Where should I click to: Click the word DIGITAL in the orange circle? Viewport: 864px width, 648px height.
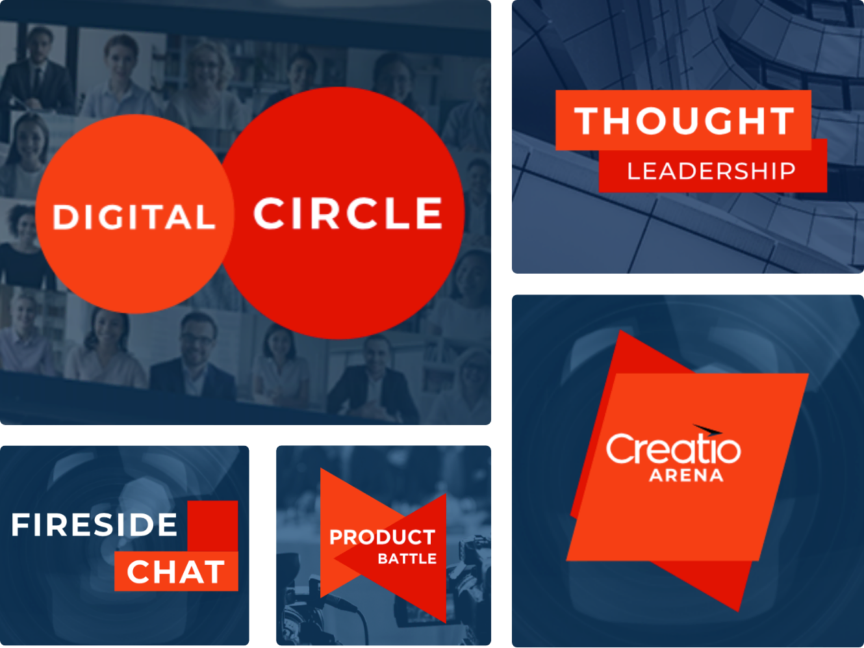coord(134,216)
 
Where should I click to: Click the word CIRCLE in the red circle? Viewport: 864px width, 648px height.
coord(348,213)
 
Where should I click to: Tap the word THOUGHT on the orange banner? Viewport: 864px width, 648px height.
coord(684,121)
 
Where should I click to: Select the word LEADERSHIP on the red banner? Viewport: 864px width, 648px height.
coord(712,171)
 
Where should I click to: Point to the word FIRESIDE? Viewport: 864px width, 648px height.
coord(94,525)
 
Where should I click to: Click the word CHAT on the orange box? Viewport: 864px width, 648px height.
coord(176,572)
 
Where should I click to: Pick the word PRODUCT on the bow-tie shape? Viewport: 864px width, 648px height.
coord(382,537)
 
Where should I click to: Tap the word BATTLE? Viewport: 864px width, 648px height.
coord(407,559)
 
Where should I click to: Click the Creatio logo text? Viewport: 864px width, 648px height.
coord(674,448)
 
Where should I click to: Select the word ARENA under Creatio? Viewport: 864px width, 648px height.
coord(687,475)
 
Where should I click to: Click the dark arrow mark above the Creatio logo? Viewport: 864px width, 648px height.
coord(707,430)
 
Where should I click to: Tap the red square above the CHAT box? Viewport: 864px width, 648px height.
coord(212,526)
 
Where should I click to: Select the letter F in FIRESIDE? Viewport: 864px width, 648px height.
coord(21,525)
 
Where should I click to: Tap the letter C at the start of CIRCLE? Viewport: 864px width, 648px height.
coord(269,213)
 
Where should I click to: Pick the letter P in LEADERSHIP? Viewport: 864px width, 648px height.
coord(788,171)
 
